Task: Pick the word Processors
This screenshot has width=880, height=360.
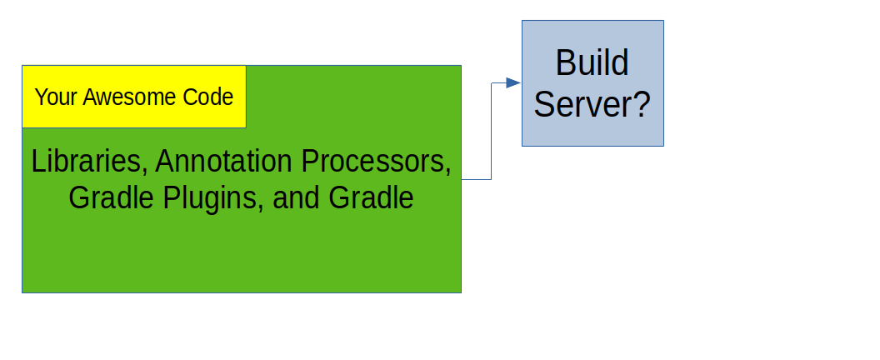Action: tap(376, 161)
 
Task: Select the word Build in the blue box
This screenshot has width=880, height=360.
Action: tap(592, 62)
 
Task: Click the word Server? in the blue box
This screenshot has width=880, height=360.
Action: tap(592, 104)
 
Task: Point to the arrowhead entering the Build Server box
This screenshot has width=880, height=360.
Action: tap(513, 83)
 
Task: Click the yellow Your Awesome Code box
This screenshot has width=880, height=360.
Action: tap(134, 97)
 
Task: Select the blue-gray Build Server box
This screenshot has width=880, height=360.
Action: tap(592, 83)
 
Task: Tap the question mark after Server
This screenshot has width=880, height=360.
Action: tap(642, 104)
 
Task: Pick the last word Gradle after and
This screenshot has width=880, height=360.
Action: tap(371, 198)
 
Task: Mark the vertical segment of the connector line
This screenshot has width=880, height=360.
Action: tap(492, 132)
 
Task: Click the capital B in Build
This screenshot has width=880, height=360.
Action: tap(564, 62)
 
